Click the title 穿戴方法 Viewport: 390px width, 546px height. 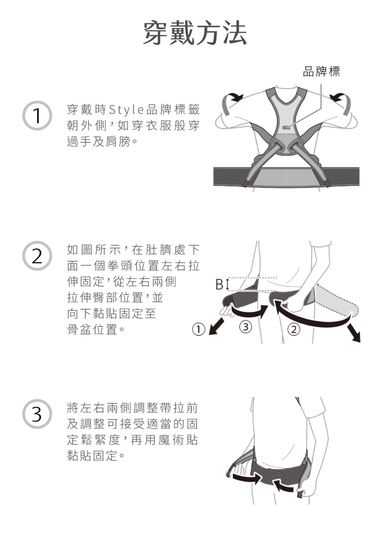(x=195, y=32)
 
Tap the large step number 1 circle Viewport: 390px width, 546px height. (x=37, y=115)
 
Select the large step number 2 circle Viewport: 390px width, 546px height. (x=37, y=256)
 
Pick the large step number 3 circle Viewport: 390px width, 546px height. (x=37, y=414)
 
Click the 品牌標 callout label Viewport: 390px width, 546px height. (x=321, y=71)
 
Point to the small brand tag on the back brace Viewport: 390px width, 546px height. (x=286, y=127)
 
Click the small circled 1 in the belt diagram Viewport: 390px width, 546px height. (x=198, y=329)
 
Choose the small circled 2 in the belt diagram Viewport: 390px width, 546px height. (x=294, y=329)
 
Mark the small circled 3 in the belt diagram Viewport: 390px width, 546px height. (x=245, y=327)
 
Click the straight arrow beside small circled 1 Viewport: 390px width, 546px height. (x=217, y=326)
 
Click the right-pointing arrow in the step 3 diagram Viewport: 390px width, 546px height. (x=246, y=478)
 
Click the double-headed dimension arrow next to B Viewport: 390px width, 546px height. (x=227, y=284)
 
